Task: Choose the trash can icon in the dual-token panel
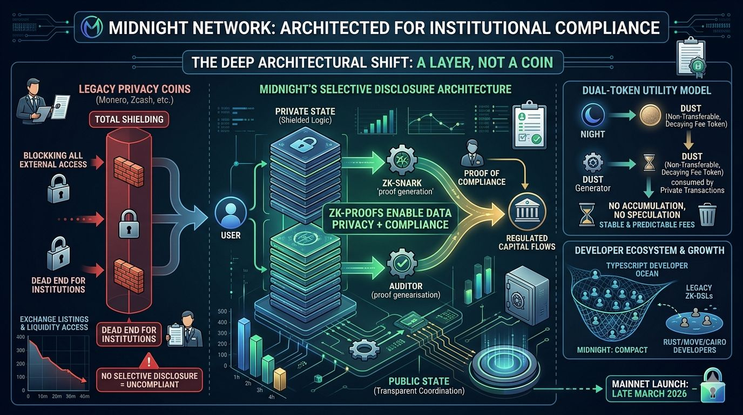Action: pyautogui.click(x=707, y=214)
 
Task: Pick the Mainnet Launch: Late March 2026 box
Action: pyautogui.click(x=650, y=387)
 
